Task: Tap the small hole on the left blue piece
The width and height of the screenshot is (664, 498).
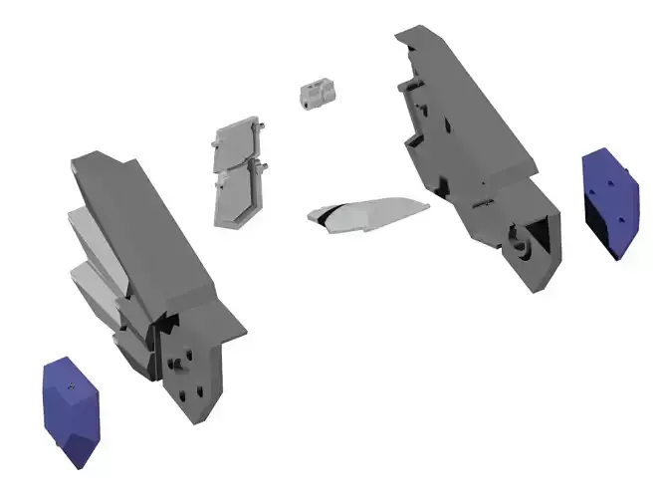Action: (73, 382)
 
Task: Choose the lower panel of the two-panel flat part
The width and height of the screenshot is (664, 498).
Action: (238, 193)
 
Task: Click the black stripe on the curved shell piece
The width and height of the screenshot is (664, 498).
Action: (323, 215)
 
